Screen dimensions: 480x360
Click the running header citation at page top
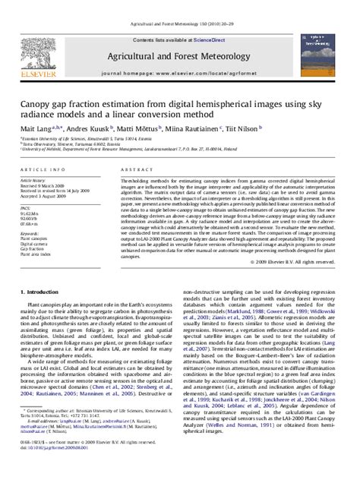(180, 5)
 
